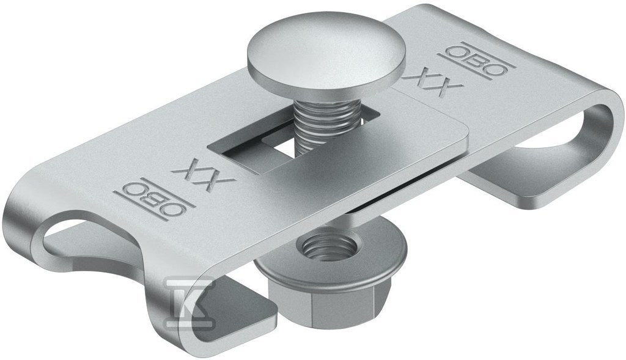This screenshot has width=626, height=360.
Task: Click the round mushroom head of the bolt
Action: [326, 58]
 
